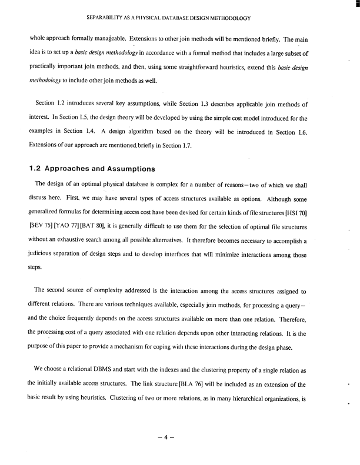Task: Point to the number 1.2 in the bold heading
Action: pos(37,169)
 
